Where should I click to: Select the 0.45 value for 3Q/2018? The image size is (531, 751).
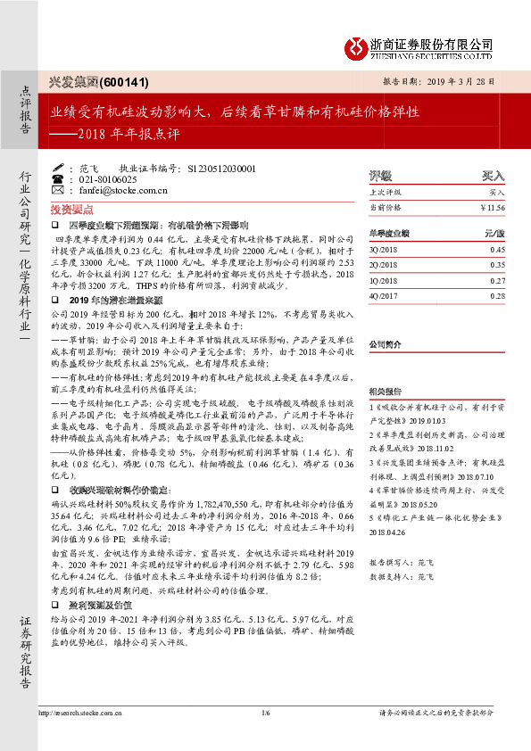(497, 250)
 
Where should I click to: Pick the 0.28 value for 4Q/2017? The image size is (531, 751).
(497, 294)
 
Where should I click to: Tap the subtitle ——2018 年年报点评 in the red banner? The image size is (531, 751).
(116, 136)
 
